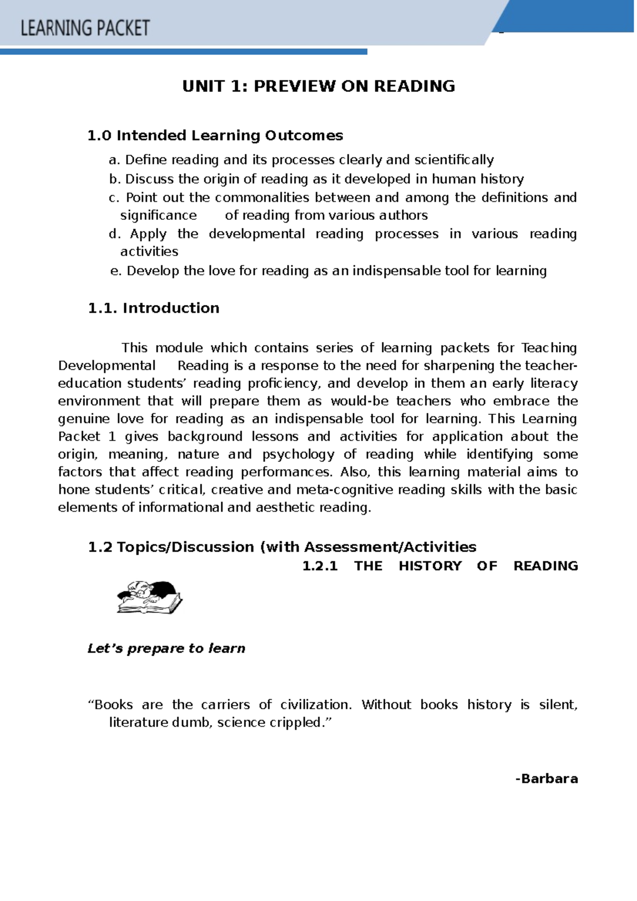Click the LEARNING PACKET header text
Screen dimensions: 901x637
pyautogui.click(x=85, y=28)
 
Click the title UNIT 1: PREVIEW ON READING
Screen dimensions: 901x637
pyautogui.click(x=318, y=86)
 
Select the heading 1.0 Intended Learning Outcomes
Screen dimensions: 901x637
pyautogui.click(x=215, y=135)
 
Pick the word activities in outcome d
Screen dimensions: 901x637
pyautogui.click(x=149, y=251)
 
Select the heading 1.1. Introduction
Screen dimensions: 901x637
pyautogui.click(x=153, y=308)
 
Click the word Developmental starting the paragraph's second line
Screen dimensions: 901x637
pyautogui.click(x=106, y=366)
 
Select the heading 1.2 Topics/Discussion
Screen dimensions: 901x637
pyautogui.click(x=281, y=547)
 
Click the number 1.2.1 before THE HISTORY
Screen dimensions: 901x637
pyautogui.click(x=320, y=566)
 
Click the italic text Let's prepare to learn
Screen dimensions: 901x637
pyautogui.click(x=166, y=649)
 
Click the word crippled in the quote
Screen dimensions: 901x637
pyautogui.click(x=300, y=722)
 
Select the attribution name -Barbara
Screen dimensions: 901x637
pyautogui.click(x=546, y=779)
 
